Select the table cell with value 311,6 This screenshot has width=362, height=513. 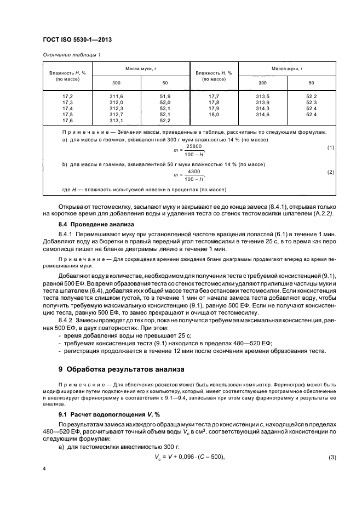116,96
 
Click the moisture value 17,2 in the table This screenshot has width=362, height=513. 68,96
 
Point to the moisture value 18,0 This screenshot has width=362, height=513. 214,114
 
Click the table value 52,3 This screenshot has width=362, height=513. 311,102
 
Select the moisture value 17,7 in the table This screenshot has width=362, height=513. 214,96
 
